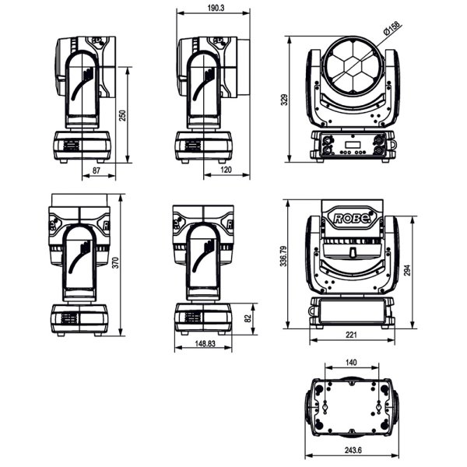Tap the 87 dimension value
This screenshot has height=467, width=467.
coord(97,170)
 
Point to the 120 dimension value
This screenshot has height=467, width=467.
coord(226,170)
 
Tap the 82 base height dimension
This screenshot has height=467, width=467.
coord(248,318)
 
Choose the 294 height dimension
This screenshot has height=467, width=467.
coord(406,269)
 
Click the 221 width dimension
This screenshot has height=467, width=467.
coord(351,335)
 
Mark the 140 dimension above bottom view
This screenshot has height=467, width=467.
coord(351,363)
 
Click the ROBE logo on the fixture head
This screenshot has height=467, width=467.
coord(352,218)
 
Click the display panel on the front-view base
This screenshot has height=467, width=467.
coord(352,144)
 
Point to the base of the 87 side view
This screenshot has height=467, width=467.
coord(81,146)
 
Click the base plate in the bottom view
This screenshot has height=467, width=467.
coord(352,407)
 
